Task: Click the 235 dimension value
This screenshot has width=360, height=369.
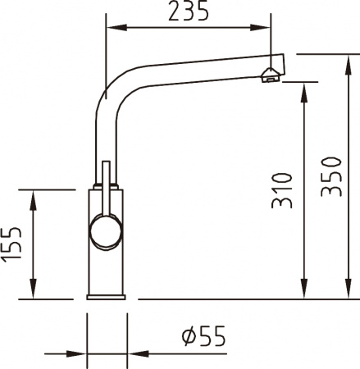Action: (x=188, y=12)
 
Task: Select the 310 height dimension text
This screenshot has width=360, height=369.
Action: (x=282, y=190)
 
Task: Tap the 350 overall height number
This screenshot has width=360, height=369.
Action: (x=330, y=175)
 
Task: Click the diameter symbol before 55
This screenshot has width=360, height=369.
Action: (x=187, y=335)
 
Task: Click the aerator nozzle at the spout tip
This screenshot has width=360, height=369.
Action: (x=269, y=76)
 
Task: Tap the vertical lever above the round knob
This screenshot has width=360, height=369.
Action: (x=105, y=184)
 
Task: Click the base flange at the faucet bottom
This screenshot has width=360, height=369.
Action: (x=106, y=297)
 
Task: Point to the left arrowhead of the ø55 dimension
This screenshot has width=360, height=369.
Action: (x=80, y=354)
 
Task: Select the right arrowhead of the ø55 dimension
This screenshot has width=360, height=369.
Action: (x=131, y=354)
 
